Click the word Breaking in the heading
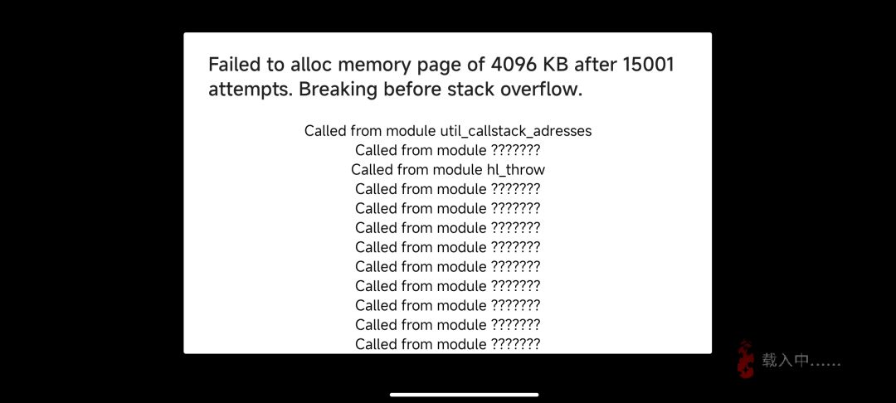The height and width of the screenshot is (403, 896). [338, 90]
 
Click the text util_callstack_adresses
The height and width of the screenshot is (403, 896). [515, 131]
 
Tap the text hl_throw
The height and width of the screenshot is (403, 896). [516, 169]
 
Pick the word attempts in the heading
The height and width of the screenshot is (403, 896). [251, 90]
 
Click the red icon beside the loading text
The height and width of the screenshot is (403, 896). [745, 359]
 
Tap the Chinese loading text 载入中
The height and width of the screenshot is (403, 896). [785, 360]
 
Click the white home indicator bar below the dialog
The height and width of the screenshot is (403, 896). [464, 395]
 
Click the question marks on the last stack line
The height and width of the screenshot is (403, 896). [515, 343]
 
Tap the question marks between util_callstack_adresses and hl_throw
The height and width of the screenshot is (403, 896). [515, 150]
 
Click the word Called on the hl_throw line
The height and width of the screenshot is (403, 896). [372, 169]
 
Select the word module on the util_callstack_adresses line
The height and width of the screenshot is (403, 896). [411, 131]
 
